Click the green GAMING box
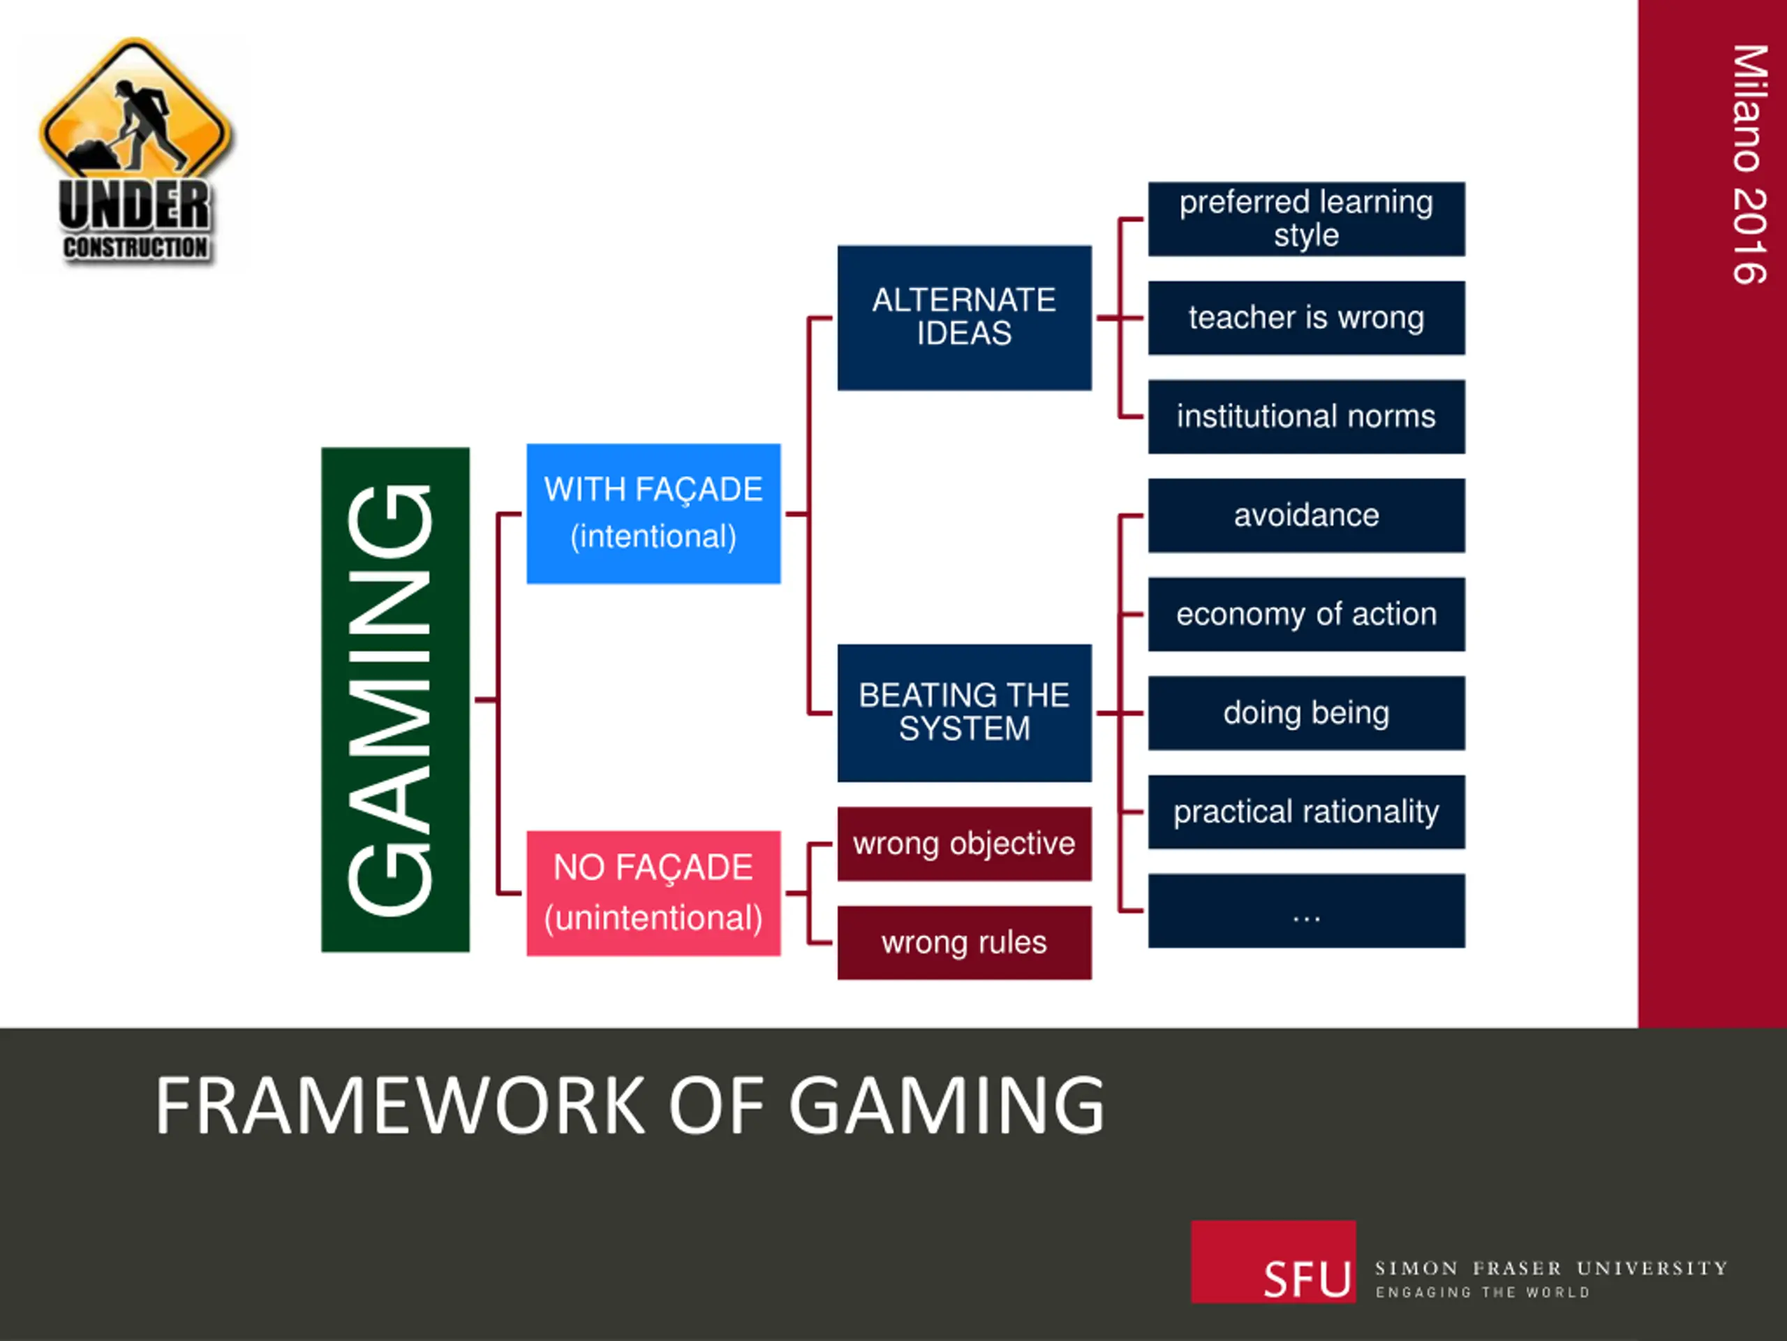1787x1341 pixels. click(395, 699)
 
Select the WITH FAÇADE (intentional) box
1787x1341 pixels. click(653, 513)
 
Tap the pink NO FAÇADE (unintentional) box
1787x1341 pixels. click(653, 893)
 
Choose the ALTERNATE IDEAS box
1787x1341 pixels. click(964, 318)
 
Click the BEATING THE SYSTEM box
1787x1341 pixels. click(964, 712)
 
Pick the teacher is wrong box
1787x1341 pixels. click(1305, 318)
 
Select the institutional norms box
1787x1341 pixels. click(1305, 416)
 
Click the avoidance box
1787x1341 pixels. click(1305, 515)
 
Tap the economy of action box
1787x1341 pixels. click(1305, 613)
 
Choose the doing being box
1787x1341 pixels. click(1305, 712)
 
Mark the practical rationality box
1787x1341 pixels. click(1305, 812)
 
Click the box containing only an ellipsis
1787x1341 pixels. click(1305, 910)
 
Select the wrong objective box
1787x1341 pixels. click(964, 843)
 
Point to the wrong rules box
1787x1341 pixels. click(964, 941)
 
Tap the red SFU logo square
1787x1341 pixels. click(1273, 1261)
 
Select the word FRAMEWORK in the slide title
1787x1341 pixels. click(400, 1106)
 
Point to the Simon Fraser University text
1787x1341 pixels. click(1550, 1268)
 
